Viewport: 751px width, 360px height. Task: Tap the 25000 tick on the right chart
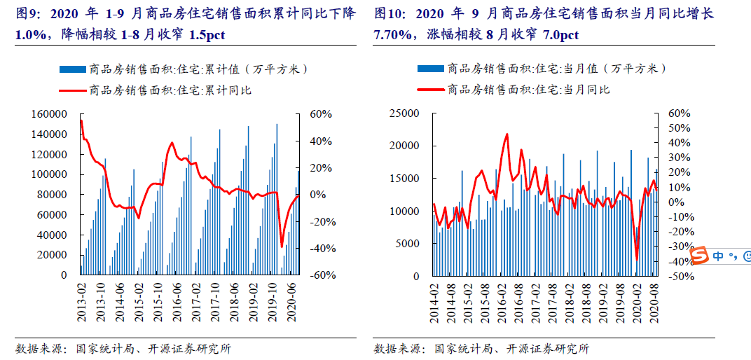click(404, 113)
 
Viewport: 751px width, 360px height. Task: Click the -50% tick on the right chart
click(681, 276)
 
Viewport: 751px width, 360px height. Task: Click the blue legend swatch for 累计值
click(73, 69)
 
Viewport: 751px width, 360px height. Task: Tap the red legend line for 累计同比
click(73, 90)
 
